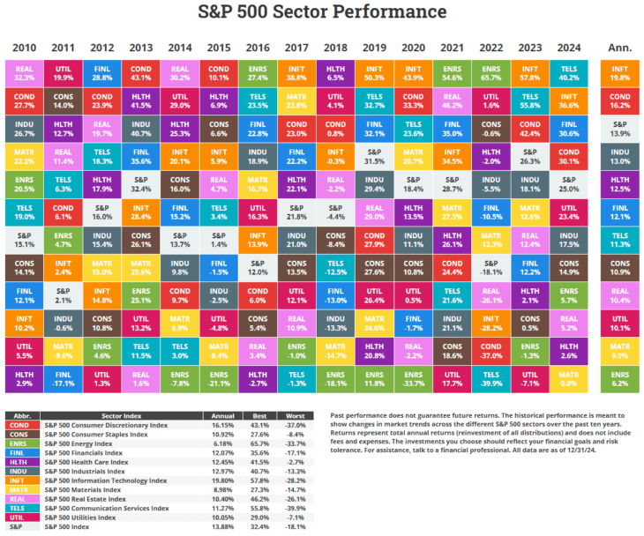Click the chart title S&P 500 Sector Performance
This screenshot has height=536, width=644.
[x=322, y=12]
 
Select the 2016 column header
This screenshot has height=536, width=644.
[x=258, y=47]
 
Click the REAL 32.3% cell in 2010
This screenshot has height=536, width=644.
[x=25, y=71]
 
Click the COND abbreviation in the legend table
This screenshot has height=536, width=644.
[x=19, y=424]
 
